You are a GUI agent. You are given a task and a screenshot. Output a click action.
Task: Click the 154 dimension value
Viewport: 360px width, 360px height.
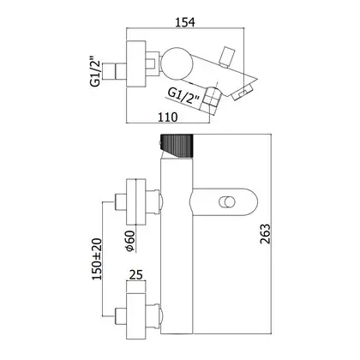pyautogui.click(x=185, y=22)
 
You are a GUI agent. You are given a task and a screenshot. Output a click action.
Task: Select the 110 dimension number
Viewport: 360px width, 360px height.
pyautogui.click(x=167, y=117)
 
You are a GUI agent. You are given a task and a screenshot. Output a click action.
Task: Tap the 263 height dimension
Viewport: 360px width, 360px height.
pyautogui.click(x=265, y=234)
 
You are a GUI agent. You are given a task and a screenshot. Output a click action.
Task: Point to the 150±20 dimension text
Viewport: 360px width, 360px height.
pyautogui.click(x=97, y=259)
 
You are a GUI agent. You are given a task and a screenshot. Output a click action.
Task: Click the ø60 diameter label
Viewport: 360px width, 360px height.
pyautogui.click(x=130, y=241)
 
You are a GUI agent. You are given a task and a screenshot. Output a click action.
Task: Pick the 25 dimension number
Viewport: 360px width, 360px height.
pyautogui.click(x=136, y=275)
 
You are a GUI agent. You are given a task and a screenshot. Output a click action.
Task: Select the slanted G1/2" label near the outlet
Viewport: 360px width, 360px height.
pyautogui.click(x=183, y=96)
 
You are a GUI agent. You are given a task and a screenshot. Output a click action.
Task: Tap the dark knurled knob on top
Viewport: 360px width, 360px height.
pyautogui.click(x=177, y=146)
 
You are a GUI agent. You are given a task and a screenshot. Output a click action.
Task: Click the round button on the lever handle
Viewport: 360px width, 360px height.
pyautogui.click(x=227, y=201)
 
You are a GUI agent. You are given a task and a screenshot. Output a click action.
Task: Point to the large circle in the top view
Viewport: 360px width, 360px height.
pyautogui.click(x=176, y=63)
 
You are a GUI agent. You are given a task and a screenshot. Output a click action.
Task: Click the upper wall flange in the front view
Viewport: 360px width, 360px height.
pyautogui.click(x=136, y=201)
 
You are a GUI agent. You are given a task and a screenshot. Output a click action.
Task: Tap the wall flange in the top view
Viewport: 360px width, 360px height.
pyautogui.click(x=136, y=63)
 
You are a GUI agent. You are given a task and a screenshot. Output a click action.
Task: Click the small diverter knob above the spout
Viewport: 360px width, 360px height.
pyautogui.click(x=227, y=57)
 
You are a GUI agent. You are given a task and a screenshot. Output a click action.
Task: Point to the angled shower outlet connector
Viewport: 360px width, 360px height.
pyautogui.click(x=211, y=98)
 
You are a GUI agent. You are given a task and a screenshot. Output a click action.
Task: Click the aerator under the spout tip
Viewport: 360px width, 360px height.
pyautogui.click(x=243, y=92)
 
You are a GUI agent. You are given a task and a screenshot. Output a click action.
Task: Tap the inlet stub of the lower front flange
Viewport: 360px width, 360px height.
pyautogui.click(x=121, y=316)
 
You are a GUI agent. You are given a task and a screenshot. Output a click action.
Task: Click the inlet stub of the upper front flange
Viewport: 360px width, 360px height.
pyautogui.click(x=121, y=201)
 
